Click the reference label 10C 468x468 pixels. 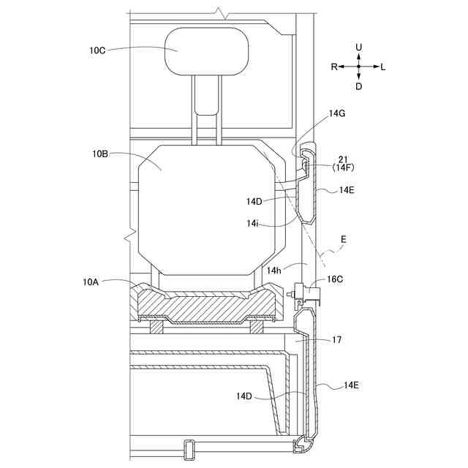97,50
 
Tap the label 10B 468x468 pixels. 100,154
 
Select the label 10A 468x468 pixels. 91,282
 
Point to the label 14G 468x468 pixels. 337,113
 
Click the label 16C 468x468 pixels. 335,279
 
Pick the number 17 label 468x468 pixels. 336,340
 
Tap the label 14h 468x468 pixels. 274,271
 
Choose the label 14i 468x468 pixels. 252,223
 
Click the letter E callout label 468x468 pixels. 344,239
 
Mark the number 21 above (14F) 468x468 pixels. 343,159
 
